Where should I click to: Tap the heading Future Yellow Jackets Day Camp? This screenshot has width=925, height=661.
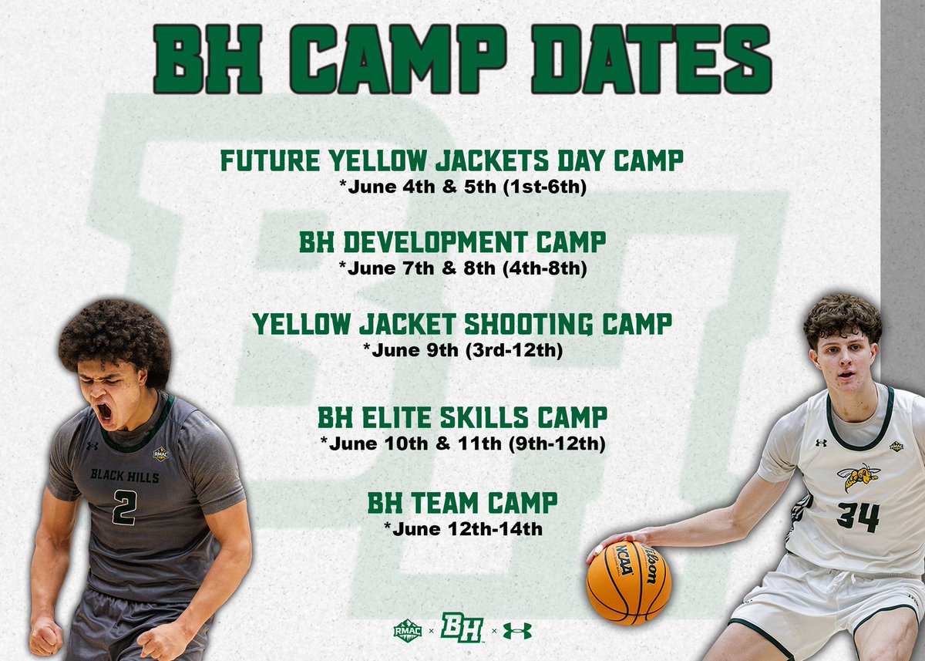(x=452, y=161)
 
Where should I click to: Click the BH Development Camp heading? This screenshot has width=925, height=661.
(x=452, y=243)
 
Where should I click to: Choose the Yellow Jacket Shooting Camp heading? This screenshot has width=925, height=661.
(x=462, y=325)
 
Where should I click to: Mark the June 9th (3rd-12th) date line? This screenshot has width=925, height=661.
(x=462, y=350)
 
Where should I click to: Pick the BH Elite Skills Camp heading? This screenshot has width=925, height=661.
(x=462, y=418)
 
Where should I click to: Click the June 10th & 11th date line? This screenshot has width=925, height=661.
(x=462, y=444)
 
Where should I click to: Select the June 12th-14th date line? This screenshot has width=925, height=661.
(x=462, y=529)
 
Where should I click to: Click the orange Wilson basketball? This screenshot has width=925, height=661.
(x=628, y=582)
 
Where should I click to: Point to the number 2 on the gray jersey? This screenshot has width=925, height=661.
(x=124, y=507)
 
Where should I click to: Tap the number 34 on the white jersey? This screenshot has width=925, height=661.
(x=857, y=516)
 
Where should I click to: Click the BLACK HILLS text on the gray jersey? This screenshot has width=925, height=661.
(x=124, y=476)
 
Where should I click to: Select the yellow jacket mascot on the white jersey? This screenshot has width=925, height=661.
(x=858, y=477)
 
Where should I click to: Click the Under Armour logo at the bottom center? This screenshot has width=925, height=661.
(x=517, y=630)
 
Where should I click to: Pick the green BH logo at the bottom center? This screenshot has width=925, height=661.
(x=462, y=628)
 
